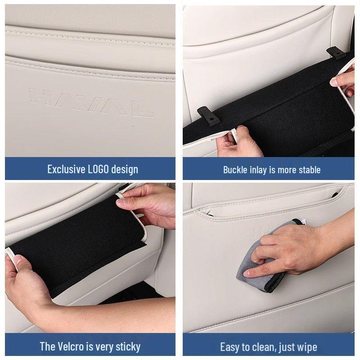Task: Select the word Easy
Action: (229, 347)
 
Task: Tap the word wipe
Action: (307, 347)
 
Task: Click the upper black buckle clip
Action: (333, 53)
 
